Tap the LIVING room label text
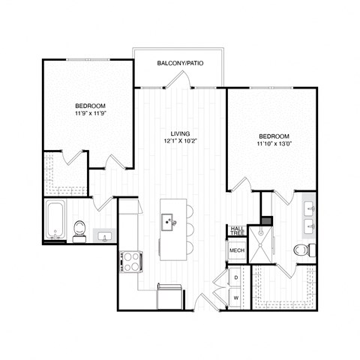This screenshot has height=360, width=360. (179, 133)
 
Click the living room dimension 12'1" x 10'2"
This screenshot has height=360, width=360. (179, 140)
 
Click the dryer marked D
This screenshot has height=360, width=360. (237, 277)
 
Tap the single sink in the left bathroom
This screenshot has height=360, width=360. (104, 237)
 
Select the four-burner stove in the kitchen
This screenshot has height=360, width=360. (131, 260)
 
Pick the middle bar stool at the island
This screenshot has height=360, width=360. (188, 228)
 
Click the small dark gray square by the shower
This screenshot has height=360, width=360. (264, 220)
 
